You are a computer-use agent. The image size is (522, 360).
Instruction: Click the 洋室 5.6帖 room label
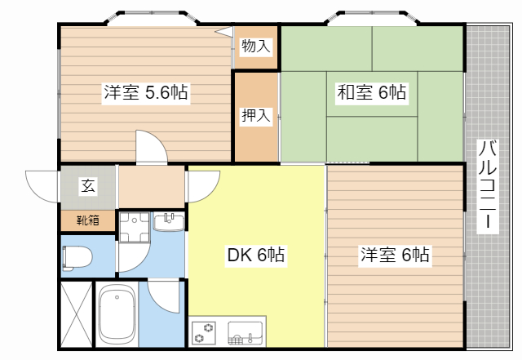145,93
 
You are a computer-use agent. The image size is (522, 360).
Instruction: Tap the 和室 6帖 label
372,92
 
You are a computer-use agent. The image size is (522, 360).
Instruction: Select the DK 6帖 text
255,256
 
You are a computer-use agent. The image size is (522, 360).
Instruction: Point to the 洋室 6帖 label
396,256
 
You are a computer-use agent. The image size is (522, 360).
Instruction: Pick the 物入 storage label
256,46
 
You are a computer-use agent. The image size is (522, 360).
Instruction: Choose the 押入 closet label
255,116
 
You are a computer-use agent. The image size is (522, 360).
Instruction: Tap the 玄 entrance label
87,186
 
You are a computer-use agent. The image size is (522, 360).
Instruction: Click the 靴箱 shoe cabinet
88,220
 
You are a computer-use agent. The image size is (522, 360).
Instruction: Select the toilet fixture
76,257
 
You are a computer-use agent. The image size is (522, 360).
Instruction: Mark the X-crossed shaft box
76,314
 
